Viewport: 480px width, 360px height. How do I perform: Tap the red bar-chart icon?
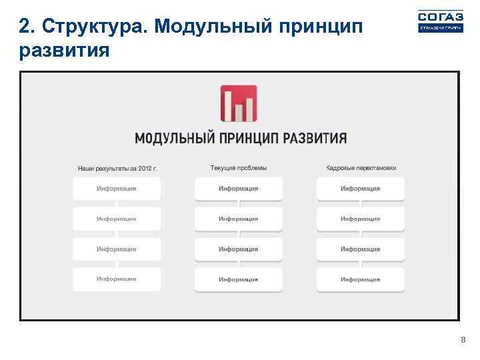coord(239,103)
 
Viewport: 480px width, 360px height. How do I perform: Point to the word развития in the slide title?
coord(64,50)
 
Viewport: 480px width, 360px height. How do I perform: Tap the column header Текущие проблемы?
coord(238,168)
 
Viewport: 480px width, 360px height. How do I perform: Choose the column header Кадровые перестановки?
coord(361,168)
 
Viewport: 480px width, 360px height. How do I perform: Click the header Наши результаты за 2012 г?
coord(117,169)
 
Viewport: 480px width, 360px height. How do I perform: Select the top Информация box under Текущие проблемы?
coord(238,189)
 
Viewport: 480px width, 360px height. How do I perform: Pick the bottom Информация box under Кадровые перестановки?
coord(360,279)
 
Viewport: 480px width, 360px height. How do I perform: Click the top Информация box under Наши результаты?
coord(116,189)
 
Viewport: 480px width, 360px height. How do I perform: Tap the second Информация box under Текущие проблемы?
coord(238,219)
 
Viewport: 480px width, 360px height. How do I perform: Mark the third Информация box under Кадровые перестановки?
coord(360,249)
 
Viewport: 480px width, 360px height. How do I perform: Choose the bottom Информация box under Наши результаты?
coord(116,279)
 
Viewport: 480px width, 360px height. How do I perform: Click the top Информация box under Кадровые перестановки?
coord(360,189)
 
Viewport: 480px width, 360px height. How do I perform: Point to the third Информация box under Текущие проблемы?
coord(238,249)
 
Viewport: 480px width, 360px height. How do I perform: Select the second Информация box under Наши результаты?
coord(116,219)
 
